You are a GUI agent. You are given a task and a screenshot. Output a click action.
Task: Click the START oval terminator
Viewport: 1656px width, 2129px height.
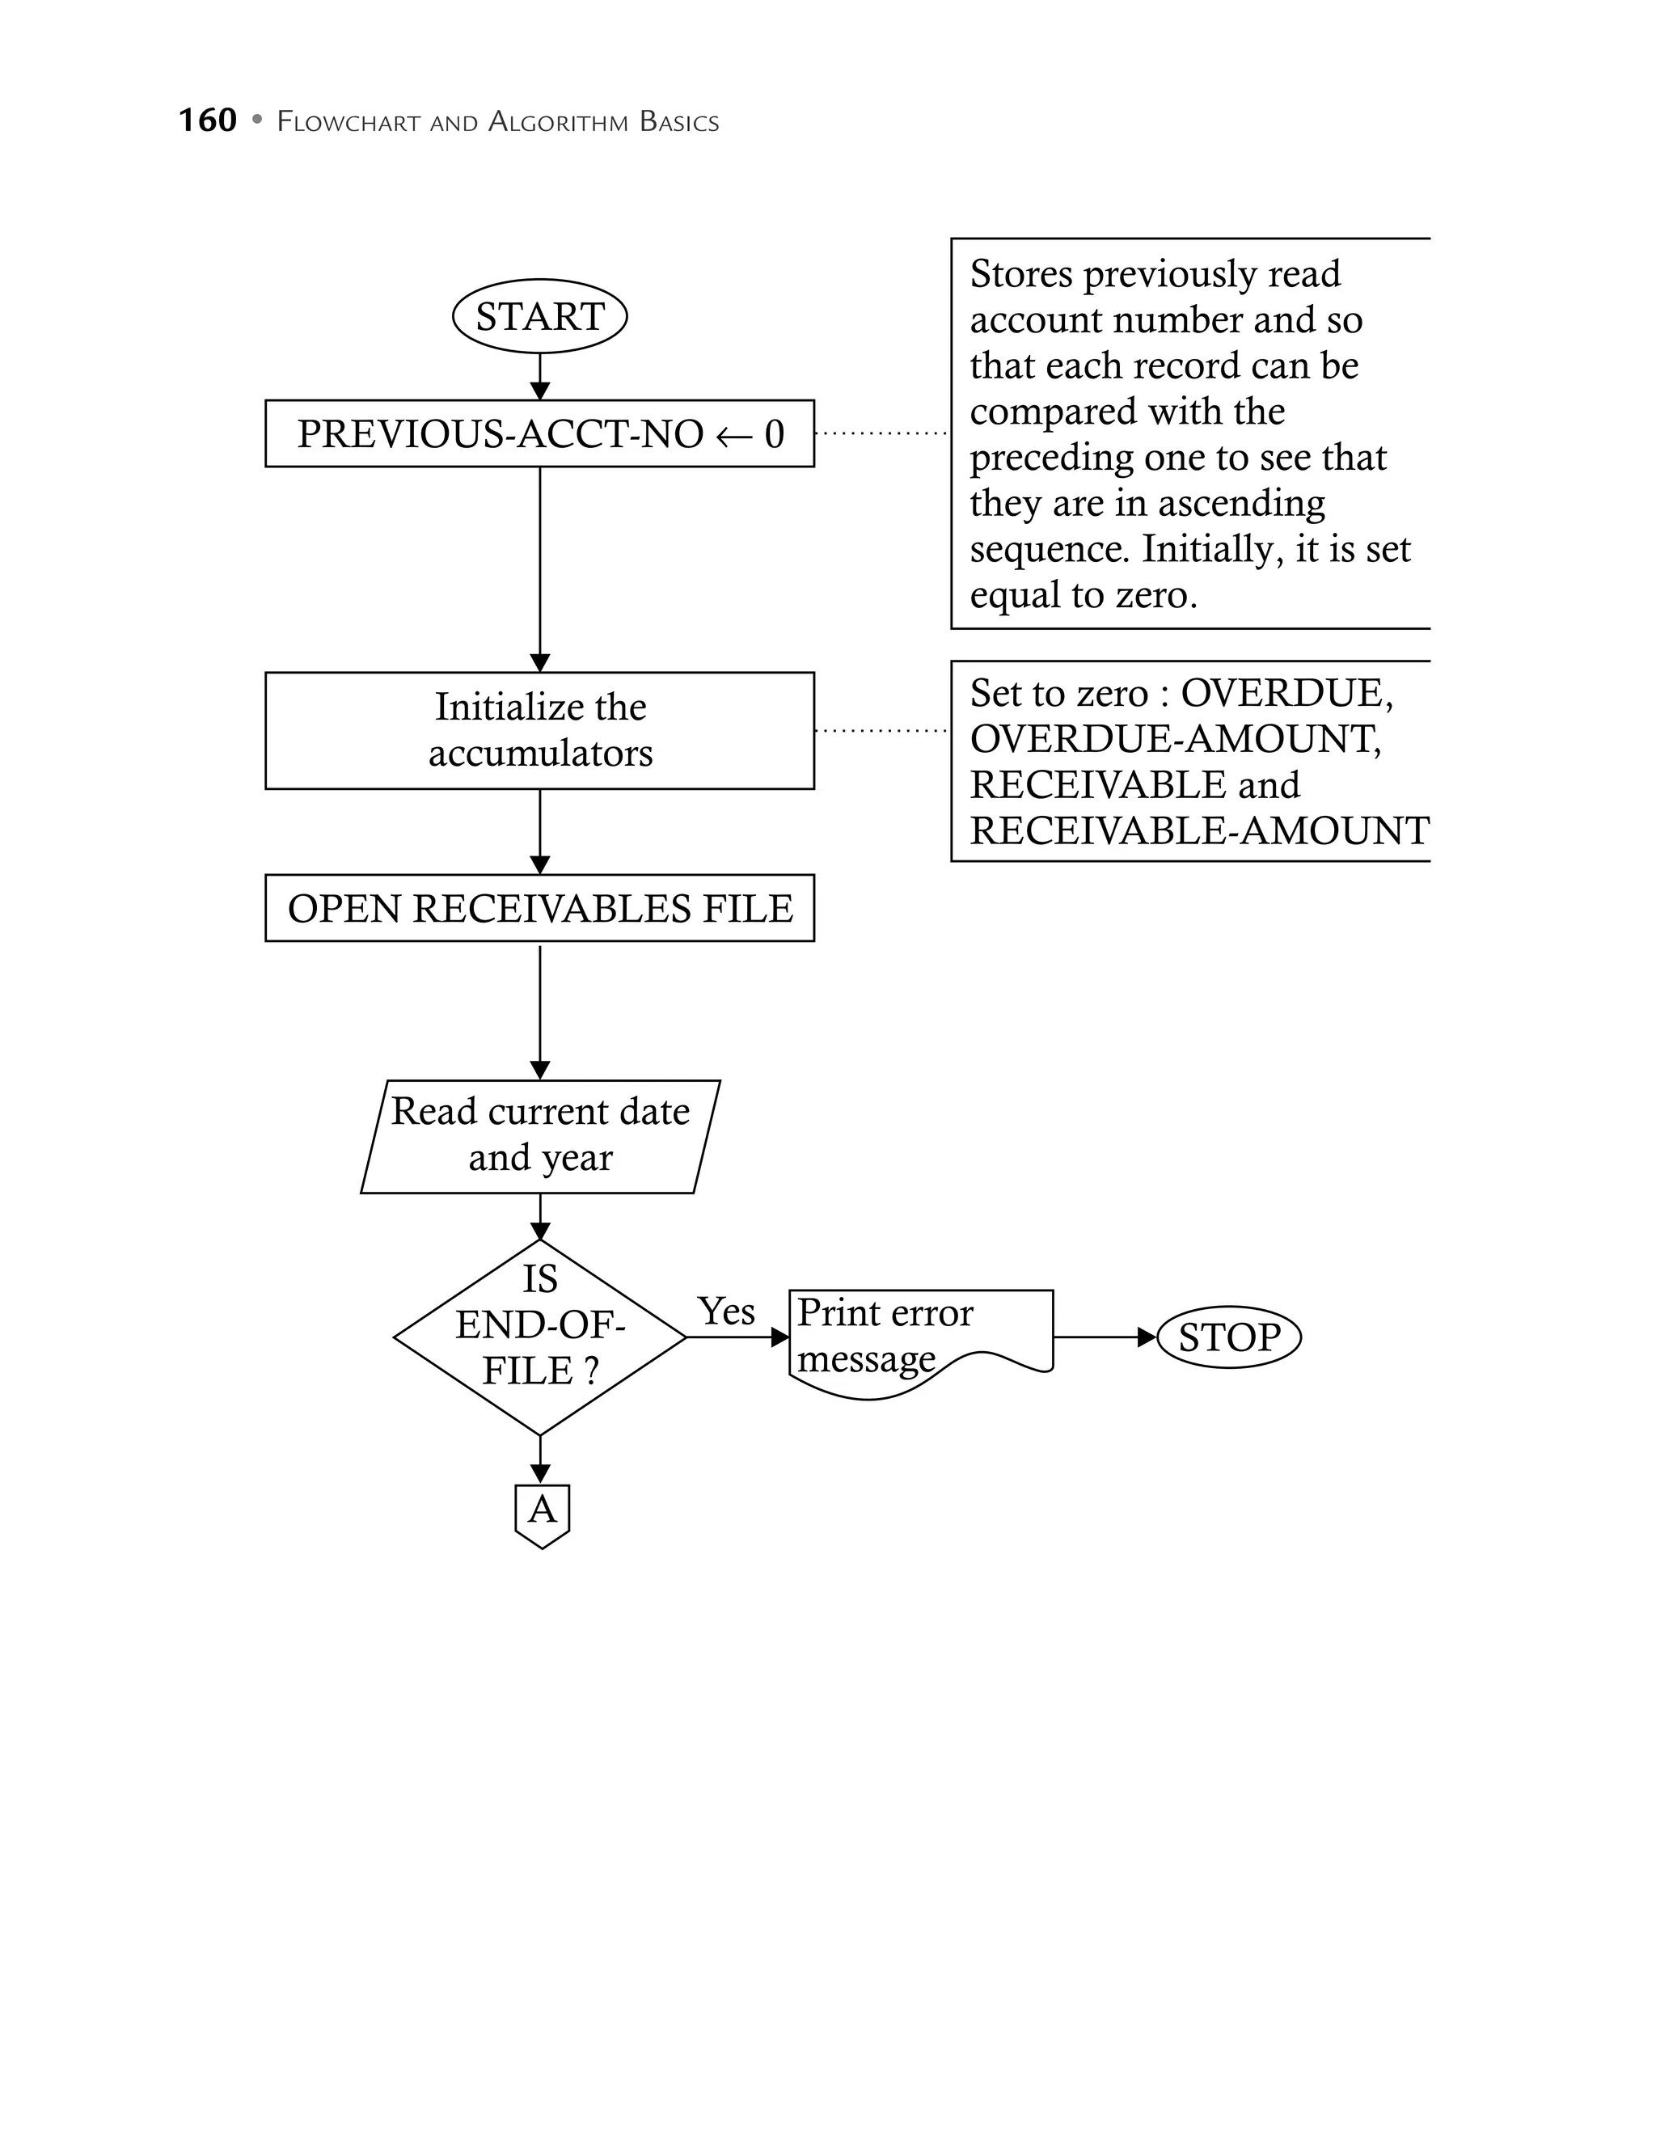coord(539,316)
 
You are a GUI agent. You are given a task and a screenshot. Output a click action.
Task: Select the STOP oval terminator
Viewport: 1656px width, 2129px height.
coord(1228,1337)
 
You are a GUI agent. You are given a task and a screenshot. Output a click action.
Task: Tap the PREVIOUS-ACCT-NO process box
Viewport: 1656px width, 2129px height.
coord(539,433)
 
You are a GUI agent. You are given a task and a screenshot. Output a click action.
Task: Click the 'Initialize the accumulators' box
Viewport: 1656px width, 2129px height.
coord(539,730)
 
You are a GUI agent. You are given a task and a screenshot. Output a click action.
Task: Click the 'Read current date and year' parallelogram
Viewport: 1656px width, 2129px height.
coord(539,1136)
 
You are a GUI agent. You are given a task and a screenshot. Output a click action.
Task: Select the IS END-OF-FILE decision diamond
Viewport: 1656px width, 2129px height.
coord(539,1337)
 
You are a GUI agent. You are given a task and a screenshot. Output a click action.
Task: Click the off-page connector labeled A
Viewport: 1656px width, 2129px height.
coord(541,1512)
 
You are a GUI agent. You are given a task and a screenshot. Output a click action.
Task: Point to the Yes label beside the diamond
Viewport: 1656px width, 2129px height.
coord(726,1312)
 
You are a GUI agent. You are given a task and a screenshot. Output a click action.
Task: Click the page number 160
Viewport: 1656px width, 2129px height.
coord(208,120)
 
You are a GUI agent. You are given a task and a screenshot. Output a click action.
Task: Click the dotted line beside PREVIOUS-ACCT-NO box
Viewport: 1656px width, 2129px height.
coord(880,433)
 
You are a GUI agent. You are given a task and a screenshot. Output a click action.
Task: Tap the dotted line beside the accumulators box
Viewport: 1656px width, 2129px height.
coord(880,730)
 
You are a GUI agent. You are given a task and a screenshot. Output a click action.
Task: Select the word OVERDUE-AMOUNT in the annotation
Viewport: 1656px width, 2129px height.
coord(1175,739)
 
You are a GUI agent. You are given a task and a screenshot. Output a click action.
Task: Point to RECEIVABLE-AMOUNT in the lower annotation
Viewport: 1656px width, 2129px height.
coord(1199,830)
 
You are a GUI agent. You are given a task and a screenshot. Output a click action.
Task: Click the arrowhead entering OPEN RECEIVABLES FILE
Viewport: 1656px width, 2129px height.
coord(540,864)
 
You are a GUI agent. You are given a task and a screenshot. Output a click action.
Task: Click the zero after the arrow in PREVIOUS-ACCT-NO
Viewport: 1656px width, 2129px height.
coord(774,433)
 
